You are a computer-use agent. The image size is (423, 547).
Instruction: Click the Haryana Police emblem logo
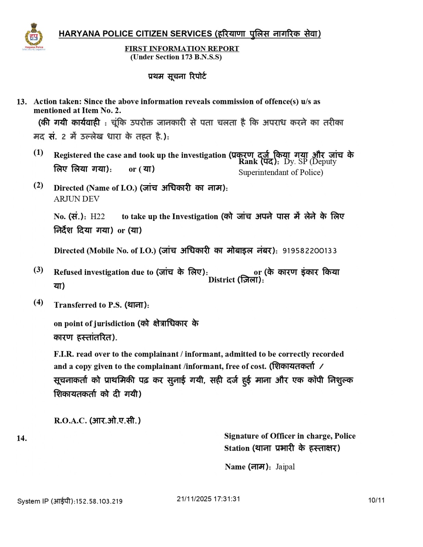click(x=33, y=37)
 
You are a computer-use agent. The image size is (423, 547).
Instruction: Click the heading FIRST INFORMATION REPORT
click(x=182, y=49)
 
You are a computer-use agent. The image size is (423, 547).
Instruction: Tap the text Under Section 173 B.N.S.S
click(x=176, y=57)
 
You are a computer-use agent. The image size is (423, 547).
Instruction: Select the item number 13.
click(x=22, y=102)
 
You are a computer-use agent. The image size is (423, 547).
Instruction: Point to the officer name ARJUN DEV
click(x=77, y=199)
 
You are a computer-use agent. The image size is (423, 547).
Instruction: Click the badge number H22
click(x=98, y=216)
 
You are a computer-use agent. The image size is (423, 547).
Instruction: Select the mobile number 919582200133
click(x=309, y=251)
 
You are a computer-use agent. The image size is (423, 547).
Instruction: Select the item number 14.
click(x=22, y=438)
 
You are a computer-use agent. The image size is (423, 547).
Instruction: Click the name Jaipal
click(x=285, y=467)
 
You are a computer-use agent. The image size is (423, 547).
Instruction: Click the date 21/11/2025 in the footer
click(x=194, y=499)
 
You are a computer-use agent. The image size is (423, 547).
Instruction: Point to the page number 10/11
click(x=376, y=501)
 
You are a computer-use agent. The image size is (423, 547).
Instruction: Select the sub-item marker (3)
click(x=38, y=270)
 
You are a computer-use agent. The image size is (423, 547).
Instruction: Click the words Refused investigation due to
click(x=103, y=272)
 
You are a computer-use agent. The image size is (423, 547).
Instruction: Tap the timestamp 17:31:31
click(x=227, y=499)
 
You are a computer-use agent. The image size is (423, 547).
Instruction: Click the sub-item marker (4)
click(x=38, y=302)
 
